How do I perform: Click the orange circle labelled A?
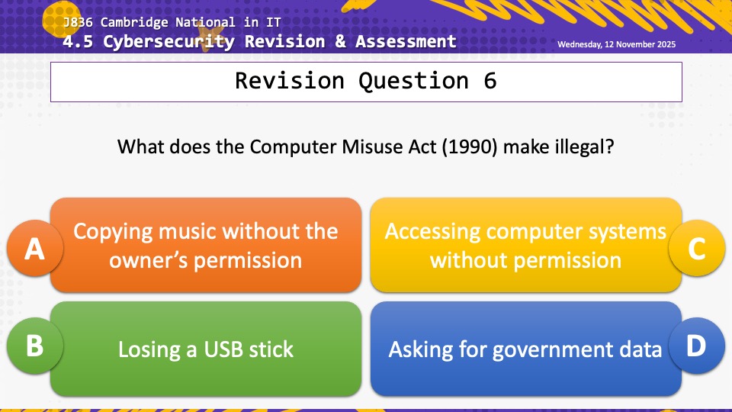[35, 247]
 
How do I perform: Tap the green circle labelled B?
[35, 346]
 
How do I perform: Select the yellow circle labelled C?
[696, 248]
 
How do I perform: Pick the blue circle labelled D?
[696, 346]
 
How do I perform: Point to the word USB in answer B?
[223, 349]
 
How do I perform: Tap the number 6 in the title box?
[490, 81]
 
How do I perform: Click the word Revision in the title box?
[290, 81]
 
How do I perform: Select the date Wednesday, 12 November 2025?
[616, 44]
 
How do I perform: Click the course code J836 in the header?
[78, 22]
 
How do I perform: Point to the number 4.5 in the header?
[78, 41]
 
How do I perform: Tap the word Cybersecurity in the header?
[169, 42]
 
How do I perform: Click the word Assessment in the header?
[406, 41]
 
